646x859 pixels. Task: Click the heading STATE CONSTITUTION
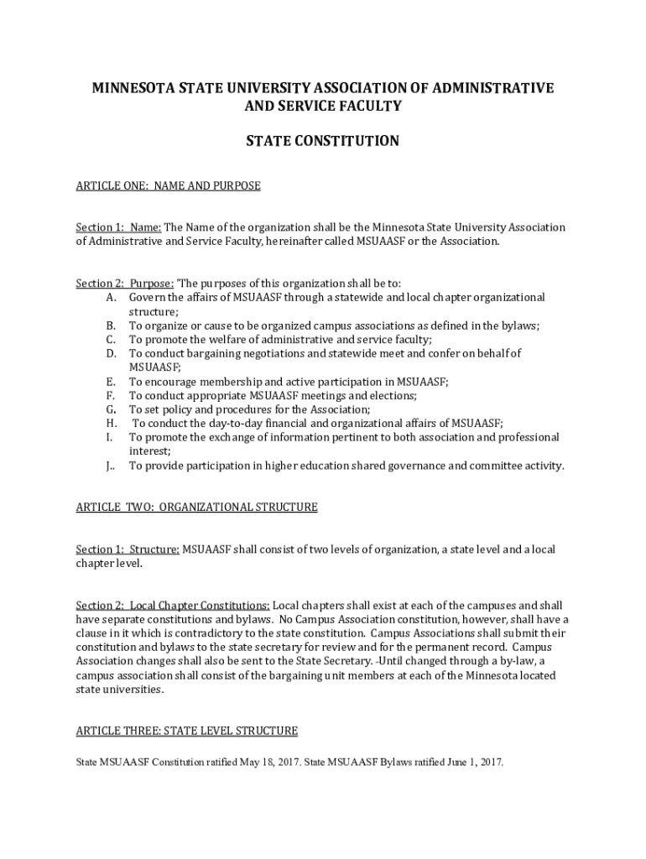[322, 141]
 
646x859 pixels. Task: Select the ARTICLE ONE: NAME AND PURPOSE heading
[168, 186]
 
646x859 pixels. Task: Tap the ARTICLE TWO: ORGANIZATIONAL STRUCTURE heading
[196, 508]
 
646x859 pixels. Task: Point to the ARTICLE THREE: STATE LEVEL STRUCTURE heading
[186, 731]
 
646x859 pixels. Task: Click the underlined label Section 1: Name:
[118, 227]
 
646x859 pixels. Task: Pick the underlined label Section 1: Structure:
[128, 549]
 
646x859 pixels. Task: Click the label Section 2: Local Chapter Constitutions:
[173, 606]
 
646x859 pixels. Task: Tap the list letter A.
[111, 298]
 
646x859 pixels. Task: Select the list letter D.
[111, 354]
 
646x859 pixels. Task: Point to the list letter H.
[111, 424]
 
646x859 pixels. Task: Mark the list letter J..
[111, 466]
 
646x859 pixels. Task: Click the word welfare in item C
[235, 340]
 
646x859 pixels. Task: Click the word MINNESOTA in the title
[128, 88]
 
